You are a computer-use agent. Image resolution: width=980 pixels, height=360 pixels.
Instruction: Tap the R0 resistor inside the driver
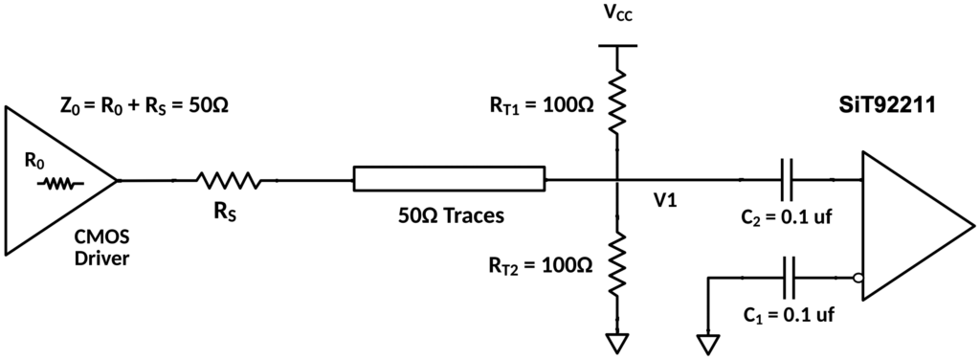pos(60,184)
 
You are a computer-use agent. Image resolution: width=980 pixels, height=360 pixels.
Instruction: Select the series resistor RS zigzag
pos(228,181)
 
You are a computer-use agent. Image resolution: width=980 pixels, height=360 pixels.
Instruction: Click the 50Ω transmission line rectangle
pos(449,179)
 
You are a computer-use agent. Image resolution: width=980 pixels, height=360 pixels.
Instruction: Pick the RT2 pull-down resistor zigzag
pos(617,263)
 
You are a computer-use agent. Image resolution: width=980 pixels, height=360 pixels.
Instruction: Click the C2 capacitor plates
pos(787,180)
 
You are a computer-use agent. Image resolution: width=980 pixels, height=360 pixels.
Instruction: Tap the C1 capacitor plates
pos(787,278)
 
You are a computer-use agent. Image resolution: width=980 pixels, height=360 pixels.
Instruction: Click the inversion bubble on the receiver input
pos(858,278)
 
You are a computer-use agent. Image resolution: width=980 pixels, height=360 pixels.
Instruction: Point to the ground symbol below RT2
pos(617,343)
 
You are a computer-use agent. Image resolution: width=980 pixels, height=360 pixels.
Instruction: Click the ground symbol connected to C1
pos(709,343)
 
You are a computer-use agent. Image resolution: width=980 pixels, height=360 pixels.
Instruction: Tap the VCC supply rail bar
pos(617,46)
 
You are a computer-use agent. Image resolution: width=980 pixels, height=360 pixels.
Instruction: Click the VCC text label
pos(617,12)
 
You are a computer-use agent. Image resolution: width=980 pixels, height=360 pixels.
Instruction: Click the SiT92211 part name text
pos(886,105)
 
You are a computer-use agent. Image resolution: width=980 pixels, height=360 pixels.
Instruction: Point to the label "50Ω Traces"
pos(451,216)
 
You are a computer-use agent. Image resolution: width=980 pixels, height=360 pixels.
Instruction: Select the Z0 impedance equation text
pos(144,105)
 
